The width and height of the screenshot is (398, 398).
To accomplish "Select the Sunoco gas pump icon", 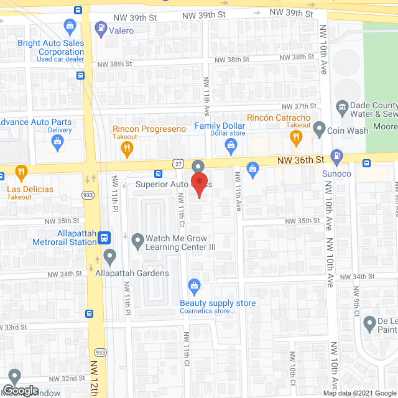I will point(336,155).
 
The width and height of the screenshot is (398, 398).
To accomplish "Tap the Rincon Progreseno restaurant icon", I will point(127,148).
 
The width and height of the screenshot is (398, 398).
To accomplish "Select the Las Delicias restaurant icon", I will point(21,171).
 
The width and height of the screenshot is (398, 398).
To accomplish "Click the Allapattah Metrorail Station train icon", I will point(105,236).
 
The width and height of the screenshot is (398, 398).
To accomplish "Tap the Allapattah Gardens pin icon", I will point(110,255).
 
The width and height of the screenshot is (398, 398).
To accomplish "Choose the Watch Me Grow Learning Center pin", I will point(136,239).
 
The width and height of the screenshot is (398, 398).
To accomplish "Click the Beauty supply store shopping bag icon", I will point(195,287).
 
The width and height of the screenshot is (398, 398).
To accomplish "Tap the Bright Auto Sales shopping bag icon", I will point(70,25).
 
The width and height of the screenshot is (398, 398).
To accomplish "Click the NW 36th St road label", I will point(301,160).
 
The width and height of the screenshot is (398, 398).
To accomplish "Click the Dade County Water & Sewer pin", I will point(341,107).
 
